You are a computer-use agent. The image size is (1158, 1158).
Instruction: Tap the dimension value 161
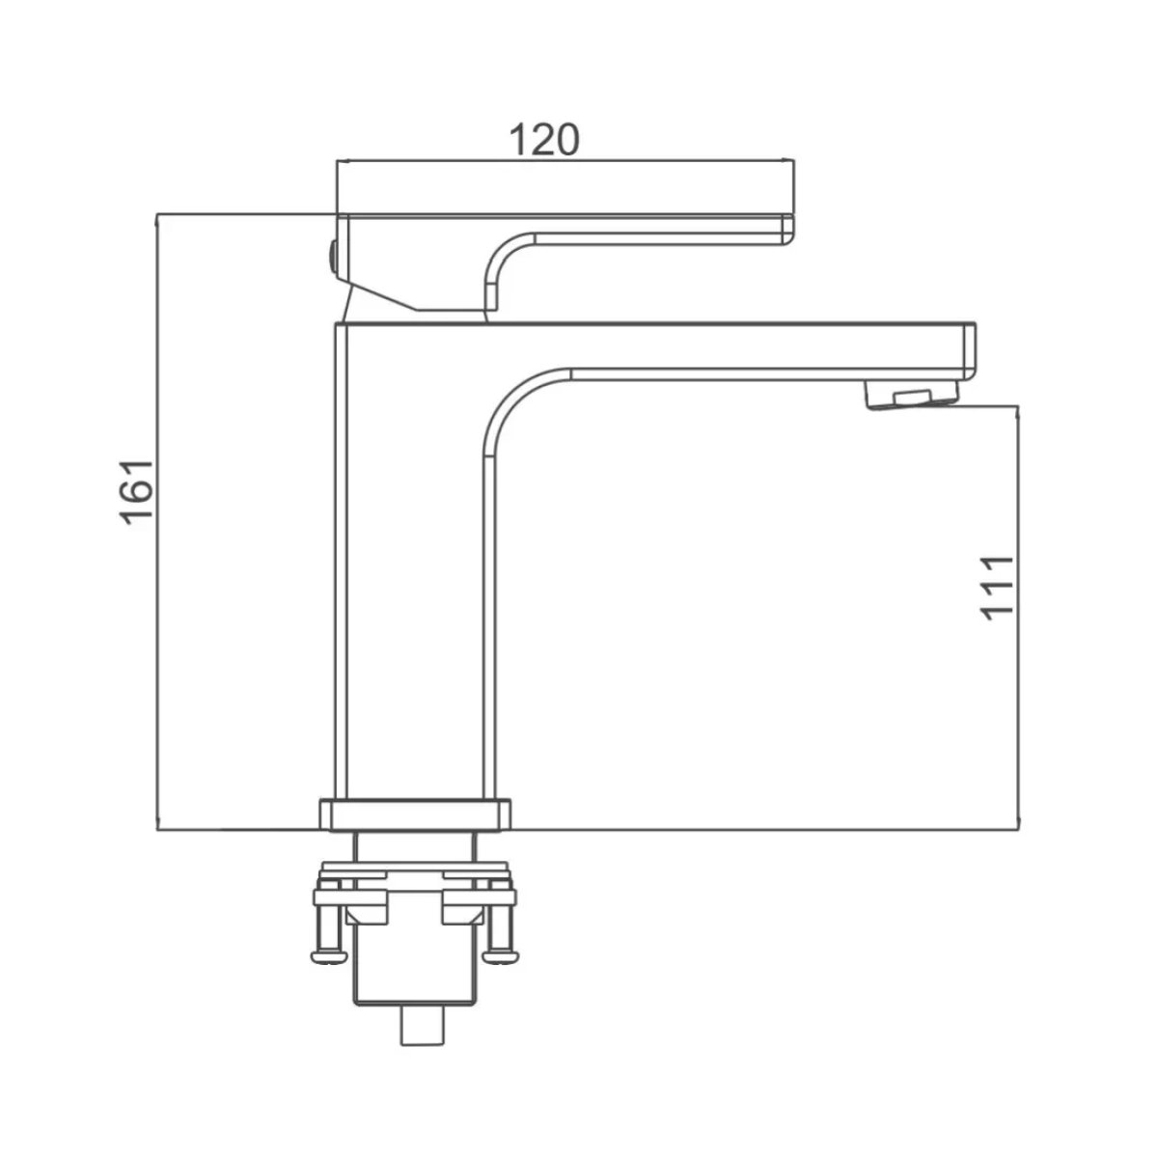click(x=139, y=492)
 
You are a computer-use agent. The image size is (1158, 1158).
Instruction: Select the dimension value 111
click(x=997, y=588)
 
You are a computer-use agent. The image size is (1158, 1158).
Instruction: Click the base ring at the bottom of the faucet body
click(x=415, y=814)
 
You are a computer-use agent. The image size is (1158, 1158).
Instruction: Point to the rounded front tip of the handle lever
click(x=787, y=230)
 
